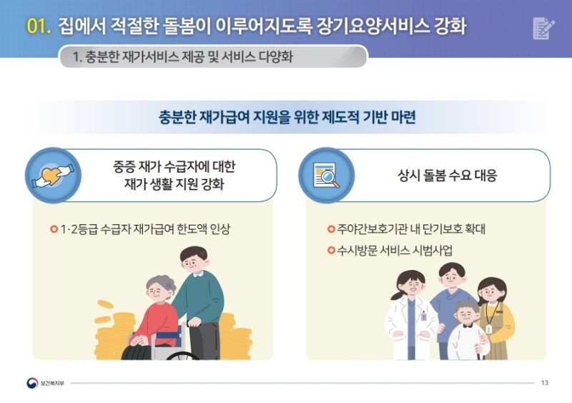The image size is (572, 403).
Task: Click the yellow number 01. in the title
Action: click(x=39, y=26)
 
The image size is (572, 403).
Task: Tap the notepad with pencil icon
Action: click(x=543, y=28)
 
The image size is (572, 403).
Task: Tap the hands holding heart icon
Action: click(x=53, y=175)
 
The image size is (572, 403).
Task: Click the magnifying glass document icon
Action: click(x=327, y=175)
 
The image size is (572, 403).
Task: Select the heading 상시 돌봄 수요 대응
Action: click(x=448, y=175)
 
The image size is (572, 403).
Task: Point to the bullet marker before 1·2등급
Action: click(x=54, y=230)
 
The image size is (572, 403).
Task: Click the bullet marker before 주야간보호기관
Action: click(x=331, y=230)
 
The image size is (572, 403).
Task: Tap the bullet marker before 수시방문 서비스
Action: click(x=331, y=251)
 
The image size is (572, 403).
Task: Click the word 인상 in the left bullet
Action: click(x=220, y=229)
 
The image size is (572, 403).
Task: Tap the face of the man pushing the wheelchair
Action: click(x=192, y=261)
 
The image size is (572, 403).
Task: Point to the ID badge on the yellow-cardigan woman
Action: click(x=489, y=329)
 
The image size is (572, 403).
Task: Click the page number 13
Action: click(x=545, y=383)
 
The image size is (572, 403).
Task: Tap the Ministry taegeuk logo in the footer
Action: click(x=32, y=383)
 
